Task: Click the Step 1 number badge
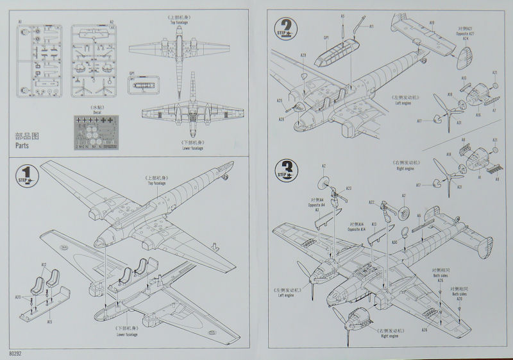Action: tap(24, 174)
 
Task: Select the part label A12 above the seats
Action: tap(44, 264)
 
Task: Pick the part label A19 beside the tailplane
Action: tap(432, 23)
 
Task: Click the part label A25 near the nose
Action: tap(280, 100)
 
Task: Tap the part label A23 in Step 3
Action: tap(348, 189)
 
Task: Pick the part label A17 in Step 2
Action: tap(419, 121)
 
